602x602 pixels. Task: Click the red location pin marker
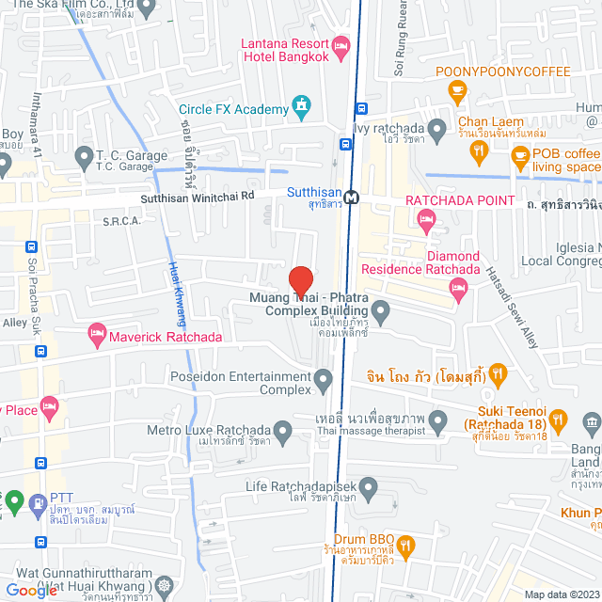300,281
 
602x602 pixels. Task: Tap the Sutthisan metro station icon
352,198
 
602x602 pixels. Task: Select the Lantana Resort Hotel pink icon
341,44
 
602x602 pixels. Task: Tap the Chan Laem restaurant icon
480,149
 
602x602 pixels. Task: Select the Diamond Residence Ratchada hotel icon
458,293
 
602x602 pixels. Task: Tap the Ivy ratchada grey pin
436,128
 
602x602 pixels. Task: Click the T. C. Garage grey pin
83,156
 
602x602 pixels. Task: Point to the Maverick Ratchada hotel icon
96,332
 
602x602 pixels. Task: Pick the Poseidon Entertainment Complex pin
324,381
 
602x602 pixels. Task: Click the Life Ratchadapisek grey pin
368,486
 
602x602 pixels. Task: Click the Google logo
30,591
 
